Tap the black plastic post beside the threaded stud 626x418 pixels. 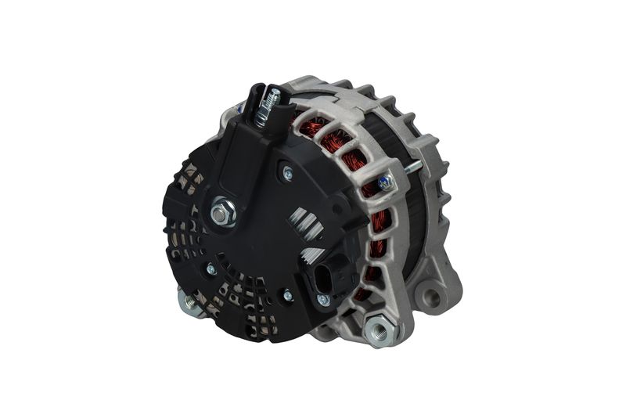tap(257, 106)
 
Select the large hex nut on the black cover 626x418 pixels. tap(223, 212)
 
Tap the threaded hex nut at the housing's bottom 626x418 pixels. tap(380, 330)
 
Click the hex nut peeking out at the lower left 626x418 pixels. tap(188, 299)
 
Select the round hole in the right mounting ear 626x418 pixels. tap(431, 296)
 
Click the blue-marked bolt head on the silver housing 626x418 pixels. tap(385, 182)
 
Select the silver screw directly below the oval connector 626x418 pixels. tap(323, 300)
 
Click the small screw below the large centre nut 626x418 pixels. tap(210, 268)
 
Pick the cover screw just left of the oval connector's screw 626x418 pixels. tap(288, 296)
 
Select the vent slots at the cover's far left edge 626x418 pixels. tap(176, 235)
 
